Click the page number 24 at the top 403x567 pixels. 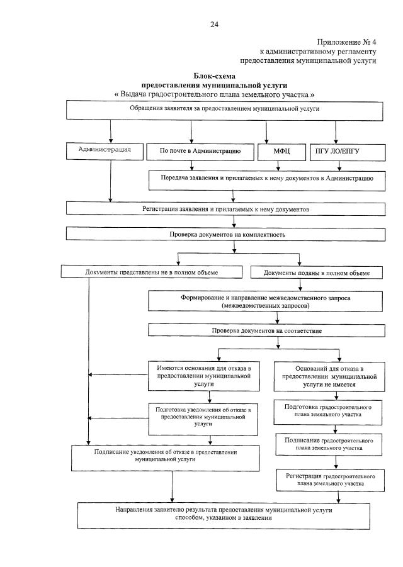tap(214, 24)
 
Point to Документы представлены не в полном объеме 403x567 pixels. tap(151, 272)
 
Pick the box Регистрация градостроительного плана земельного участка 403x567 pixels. tap(330, 480)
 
